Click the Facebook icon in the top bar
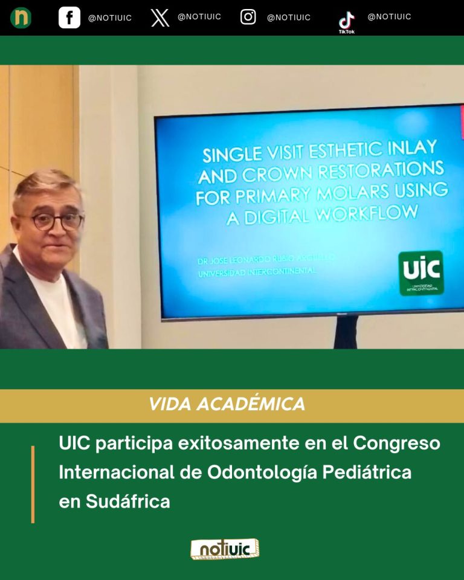point(69,18)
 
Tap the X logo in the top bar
point(160,18)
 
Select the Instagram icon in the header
point(248,17)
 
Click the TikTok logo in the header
point(347,21)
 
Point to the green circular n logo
point(21,18)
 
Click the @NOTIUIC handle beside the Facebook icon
point(110,18)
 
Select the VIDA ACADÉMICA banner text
point(227,405)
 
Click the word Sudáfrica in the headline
point(114,501)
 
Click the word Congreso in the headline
point(396,443)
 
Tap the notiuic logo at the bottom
point(224,549)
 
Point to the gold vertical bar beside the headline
point(33,484)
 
